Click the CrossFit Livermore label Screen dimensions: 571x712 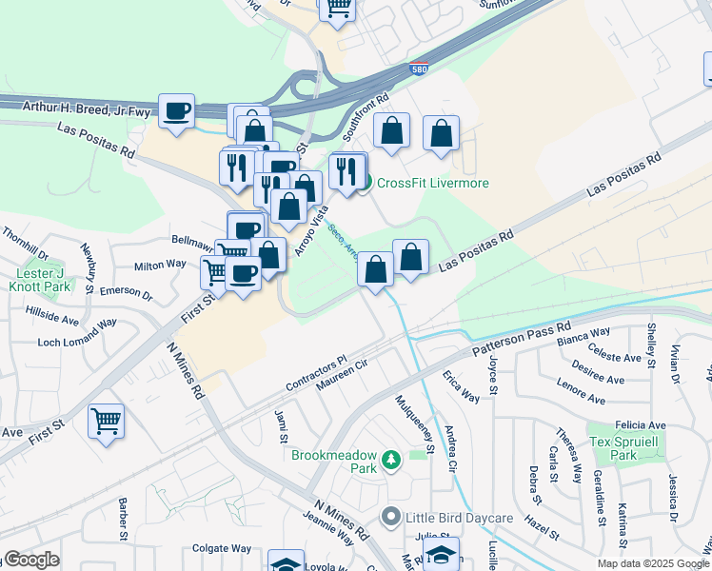pos(433,183)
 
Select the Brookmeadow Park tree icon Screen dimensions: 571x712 pos(389,462)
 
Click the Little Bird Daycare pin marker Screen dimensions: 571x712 pos(389,518)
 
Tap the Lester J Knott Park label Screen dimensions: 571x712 pos(43,280)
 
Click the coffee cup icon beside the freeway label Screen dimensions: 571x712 pos(176,111)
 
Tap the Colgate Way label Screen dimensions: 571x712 pos(221,548)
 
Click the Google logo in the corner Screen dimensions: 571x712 pos(30,560)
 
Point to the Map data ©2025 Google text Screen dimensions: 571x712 pos(653,563)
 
